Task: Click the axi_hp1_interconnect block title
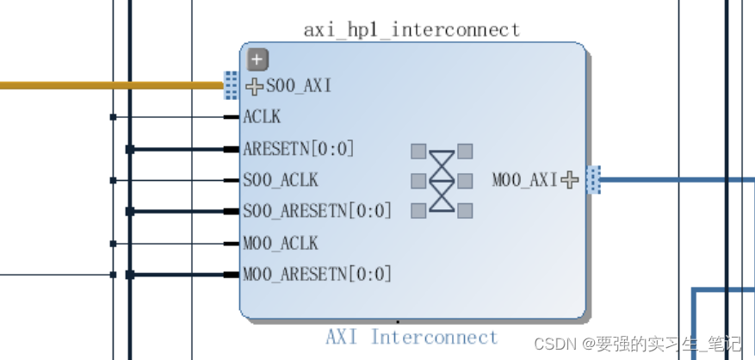pos(412,30)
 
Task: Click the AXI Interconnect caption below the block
pos(412,337)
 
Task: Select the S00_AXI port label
pos(298,86)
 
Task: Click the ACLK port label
pos(262,117)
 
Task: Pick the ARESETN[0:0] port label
pos(299,149)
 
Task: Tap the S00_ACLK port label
pos(281,180)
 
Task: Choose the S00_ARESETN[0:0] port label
pos(317,211)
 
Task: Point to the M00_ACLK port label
pos(281,243)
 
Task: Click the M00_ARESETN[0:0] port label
pos(317,275)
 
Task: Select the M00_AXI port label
pos(524,180)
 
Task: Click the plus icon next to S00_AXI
pos(254,86)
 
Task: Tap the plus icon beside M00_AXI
pos(569,180)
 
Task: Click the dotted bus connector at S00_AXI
pos(231,85)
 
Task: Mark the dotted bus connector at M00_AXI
pos(593,180)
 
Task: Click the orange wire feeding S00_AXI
pos(112,85)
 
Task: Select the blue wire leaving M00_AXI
pos(663,180)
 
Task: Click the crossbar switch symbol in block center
pos(442,180)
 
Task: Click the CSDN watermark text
pos(637,344)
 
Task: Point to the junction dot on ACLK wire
pos(113,117)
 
